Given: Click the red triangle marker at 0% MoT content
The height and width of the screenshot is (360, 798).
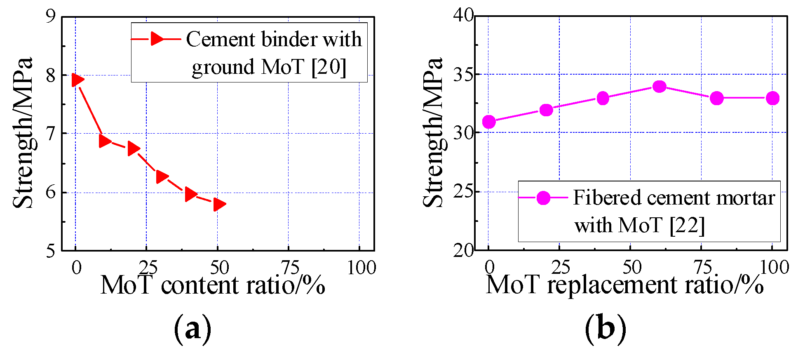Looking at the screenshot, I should point(77,80).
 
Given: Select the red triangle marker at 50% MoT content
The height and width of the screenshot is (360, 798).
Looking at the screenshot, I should point(219,204).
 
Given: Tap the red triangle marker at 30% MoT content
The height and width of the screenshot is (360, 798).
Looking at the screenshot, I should point(162,176).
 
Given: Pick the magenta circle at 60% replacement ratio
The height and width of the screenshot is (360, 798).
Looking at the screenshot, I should point(659,87).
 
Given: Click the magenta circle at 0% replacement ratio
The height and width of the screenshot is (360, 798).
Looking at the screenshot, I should point(489,122).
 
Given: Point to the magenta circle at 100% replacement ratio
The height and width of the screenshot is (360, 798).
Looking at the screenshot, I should point(772,98).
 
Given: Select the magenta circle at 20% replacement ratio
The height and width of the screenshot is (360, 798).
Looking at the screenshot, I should point(546,110).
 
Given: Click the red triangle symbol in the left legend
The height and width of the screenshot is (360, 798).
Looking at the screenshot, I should point(157,39).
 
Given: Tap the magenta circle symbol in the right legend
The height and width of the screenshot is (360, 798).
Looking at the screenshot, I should point(544,198).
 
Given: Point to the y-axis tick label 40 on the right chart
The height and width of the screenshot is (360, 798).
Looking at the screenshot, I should point(463,16).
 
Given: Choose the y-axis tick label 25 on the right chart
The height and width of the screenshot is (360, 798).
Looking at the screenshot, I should point(463,191).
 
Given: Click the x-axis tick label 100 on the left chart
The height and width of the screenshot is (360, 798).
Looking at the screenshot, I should point(361,268).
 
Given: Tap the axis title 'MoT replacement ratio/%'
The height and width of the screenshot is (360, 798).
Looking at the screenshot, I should point(624,285).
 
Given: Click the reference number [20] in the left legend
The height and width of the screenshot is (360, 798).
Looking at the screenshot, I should point(329,67).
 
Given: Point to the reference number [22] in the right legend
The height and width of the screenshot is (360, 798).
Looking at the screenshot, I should point(687,226).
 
